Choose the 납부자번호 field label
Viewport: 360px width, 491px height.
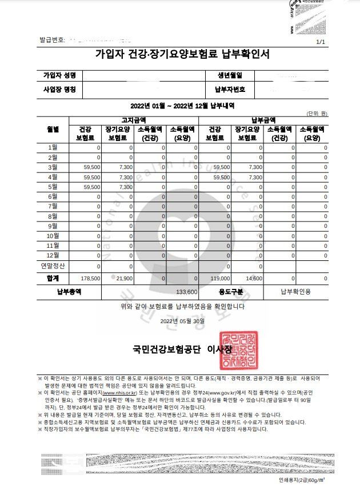tap(230, 90)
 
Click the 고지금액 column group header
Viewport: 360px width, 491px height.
tap(134, 120)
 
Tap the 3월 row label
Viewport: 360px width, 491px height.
tap(53, 167)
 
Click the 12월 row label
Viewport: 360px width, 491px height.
tap(53, 255)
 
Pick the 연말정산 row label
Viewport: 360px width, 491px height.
tap(53, 266)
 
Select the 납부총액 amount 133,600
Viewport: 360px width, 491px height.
tap(187, 292)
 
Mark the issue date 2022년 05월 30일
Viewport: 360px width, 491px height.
tap(182, 321)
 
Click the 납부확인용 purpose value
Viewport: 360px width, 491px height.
tap(295, 292)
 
